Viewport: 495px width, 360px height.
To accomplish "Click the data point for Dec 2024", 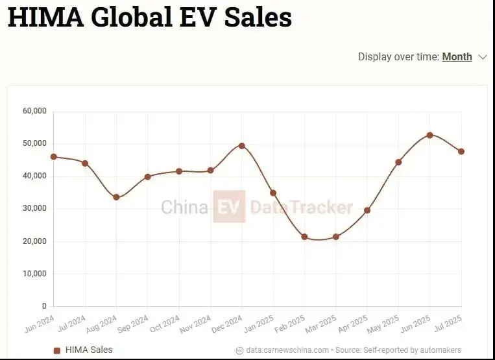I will tap(242, 145).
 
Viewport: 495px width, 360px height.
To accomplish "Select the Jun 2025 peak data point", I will tap(429, 135).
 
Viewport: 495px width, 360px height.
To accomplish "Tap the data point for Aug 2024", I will tap(116, 197).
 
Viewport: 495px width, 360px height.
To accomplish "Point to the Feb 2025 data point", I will tap(304, 237).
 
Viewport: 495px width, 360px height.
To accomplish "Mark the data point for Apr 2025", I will tap(367, 210).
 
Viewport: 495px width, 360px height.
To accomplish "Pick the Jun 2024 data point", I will tap(54, 156).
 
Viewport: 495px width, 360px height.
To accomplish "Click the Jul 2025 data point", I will tap(461, 151).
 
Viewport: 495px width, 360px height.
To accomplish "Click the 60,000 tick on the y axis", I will tap(34, 111).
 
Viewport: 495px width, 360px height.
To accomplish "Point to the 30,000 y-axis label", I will tap(34, 208).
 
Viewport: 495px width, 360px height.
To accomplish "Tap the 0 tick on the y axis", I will tap(44, 306).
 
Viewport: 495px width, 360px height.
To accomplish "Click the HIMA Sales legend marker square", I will tap(56, 350).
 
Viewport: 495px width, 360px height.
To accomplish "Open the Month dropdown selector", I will tap(457, 56).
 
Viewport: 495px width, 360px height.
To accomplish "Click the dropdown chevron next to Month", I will tap(482, 57).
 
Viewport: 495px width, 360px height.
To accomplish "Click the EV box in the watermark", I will tap(229, 207).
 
